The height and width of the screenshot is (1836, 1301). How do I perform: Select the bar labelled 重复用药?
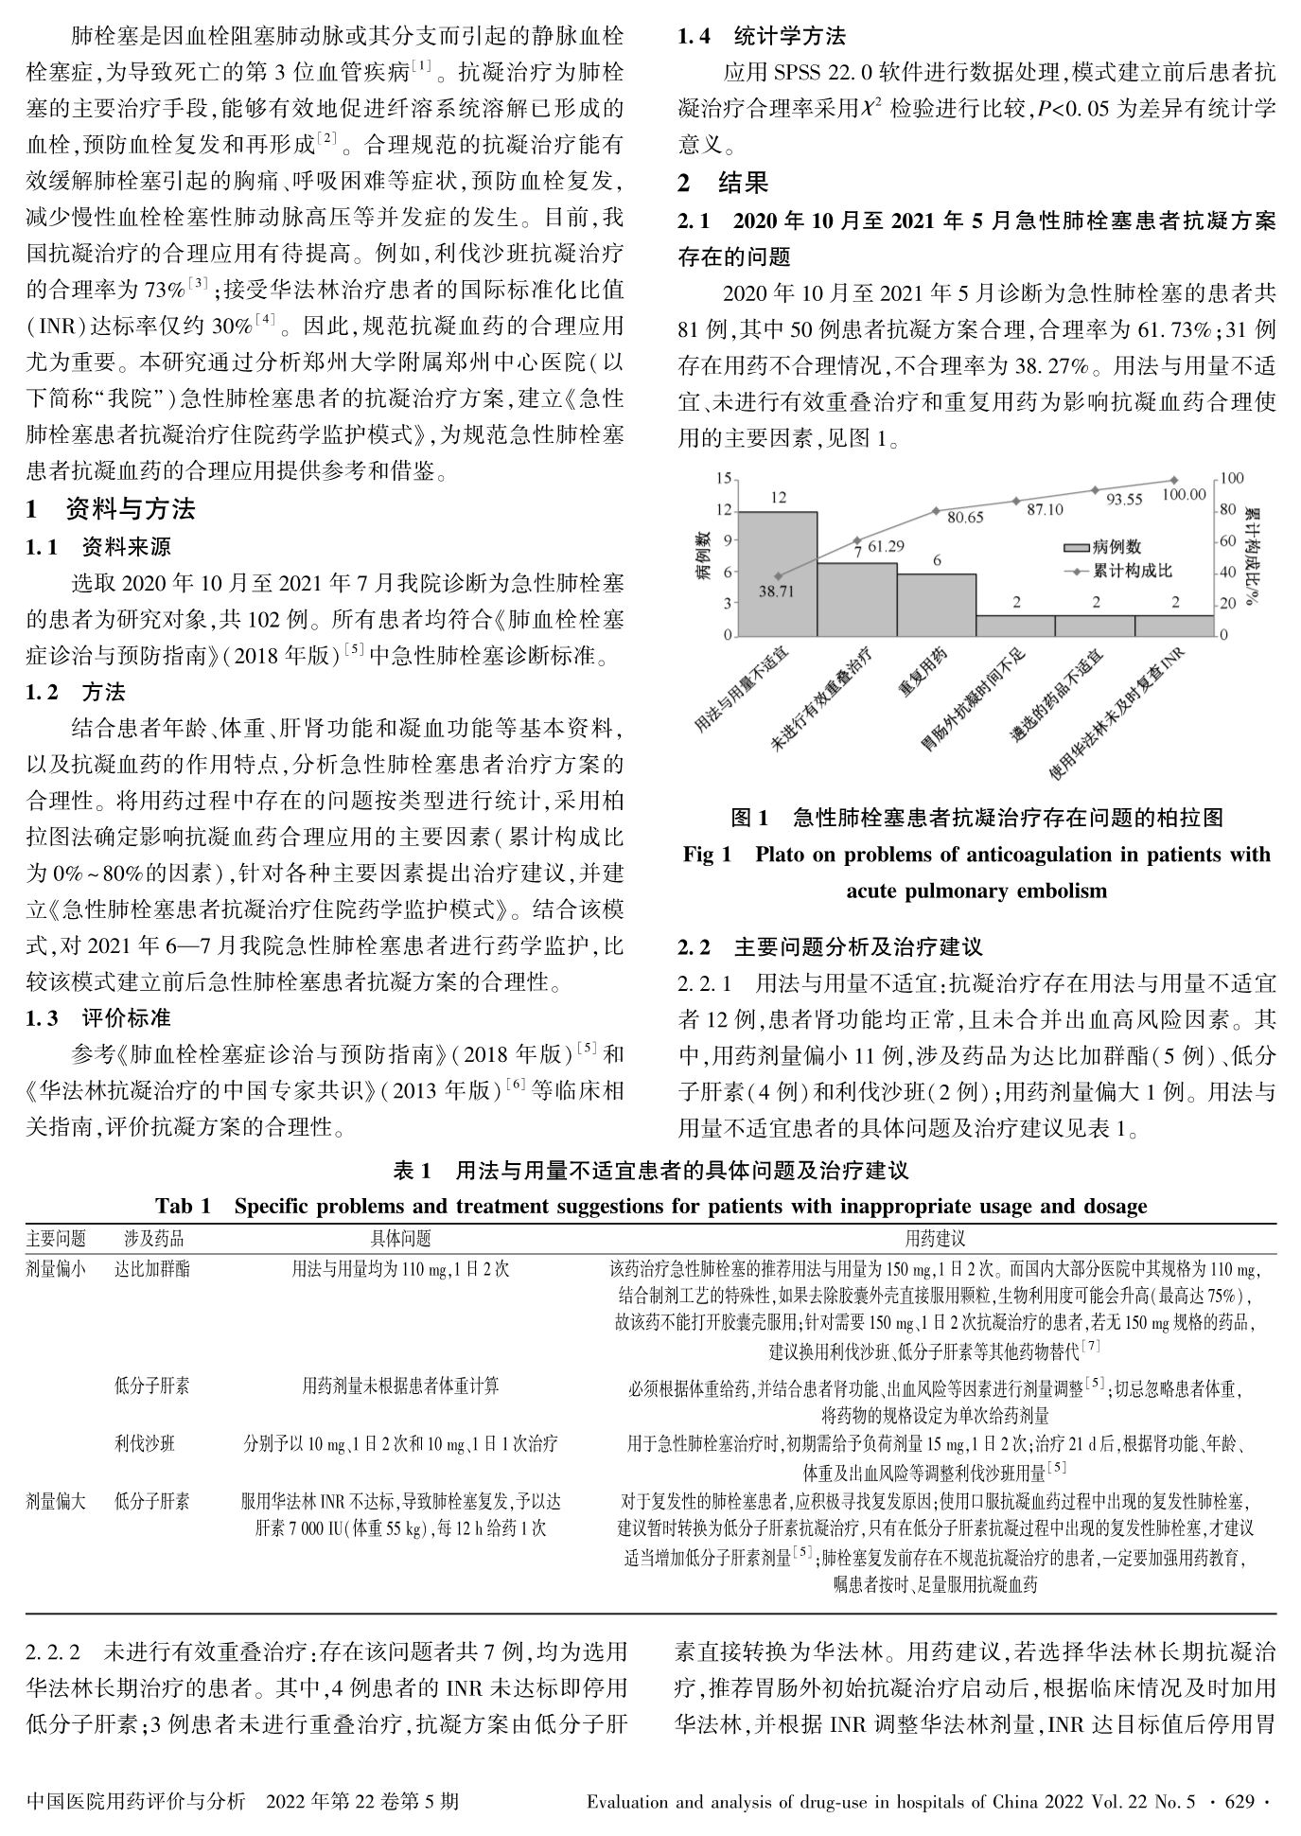tap(937, 605)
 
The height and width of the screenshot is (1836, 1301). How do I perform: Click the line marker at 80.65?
tap(937, 510)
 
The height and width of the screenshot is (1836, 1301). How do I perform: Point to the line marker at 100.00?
tap(1174, 480)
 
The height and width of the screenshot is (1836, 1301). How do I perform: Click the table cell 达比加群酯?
tap(152, 1268)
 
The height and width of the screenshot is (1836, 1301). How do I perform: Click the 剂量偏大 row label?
tap(56, 1501)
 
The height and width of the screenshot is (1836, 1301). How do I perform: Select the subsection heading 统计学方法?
tap(790, 38)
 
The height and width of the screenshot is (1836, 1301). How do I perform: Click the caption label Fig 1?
tap(708, 855)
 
